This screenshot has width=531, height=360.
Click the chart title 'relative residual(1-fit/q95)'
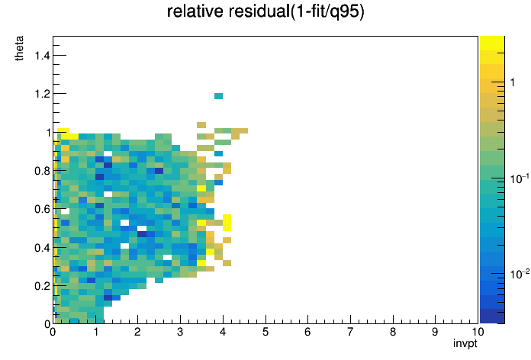pos(265,11)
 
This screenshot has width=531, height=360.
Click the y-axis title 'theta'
pos(19,48)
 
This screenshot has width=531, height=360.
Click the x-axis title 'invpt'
pos(465,343)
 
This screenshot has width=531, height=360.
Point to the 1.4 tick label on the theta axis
pos(42,55)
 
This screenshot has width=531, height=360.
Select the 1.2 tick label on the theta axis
pos(42,94)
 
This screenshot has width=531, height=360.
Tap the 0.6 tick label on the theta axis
pos(42,209)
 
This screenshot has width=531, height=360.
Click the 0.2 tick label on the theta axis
pos(42,286)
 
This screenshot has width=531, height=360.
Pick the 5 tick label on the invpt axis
pos(265,332)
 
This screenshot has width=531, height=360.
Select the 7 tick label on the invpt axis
pos(350,332)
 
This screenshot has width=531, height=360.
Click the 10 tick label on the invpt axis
pos(477,332)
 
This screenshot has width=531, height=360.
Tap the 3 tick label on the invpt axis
pos(180,332)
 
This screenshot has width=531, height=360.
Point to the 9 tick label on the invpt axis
pos(435,332)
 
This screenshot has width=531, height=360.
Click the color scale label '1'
pos(513,82)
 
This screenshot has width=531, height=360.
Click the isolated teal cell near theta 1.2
pos(218,96)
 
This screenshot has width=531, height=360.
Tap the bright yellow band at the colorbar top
pos(492,43)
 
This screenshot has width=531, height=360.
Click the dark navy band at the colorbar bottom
pos(492,316)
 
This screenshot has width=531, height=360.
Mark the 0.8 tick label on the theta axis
pos(42,171)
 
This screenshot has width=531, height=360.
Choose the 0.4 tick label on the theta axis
pos(42,248)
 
